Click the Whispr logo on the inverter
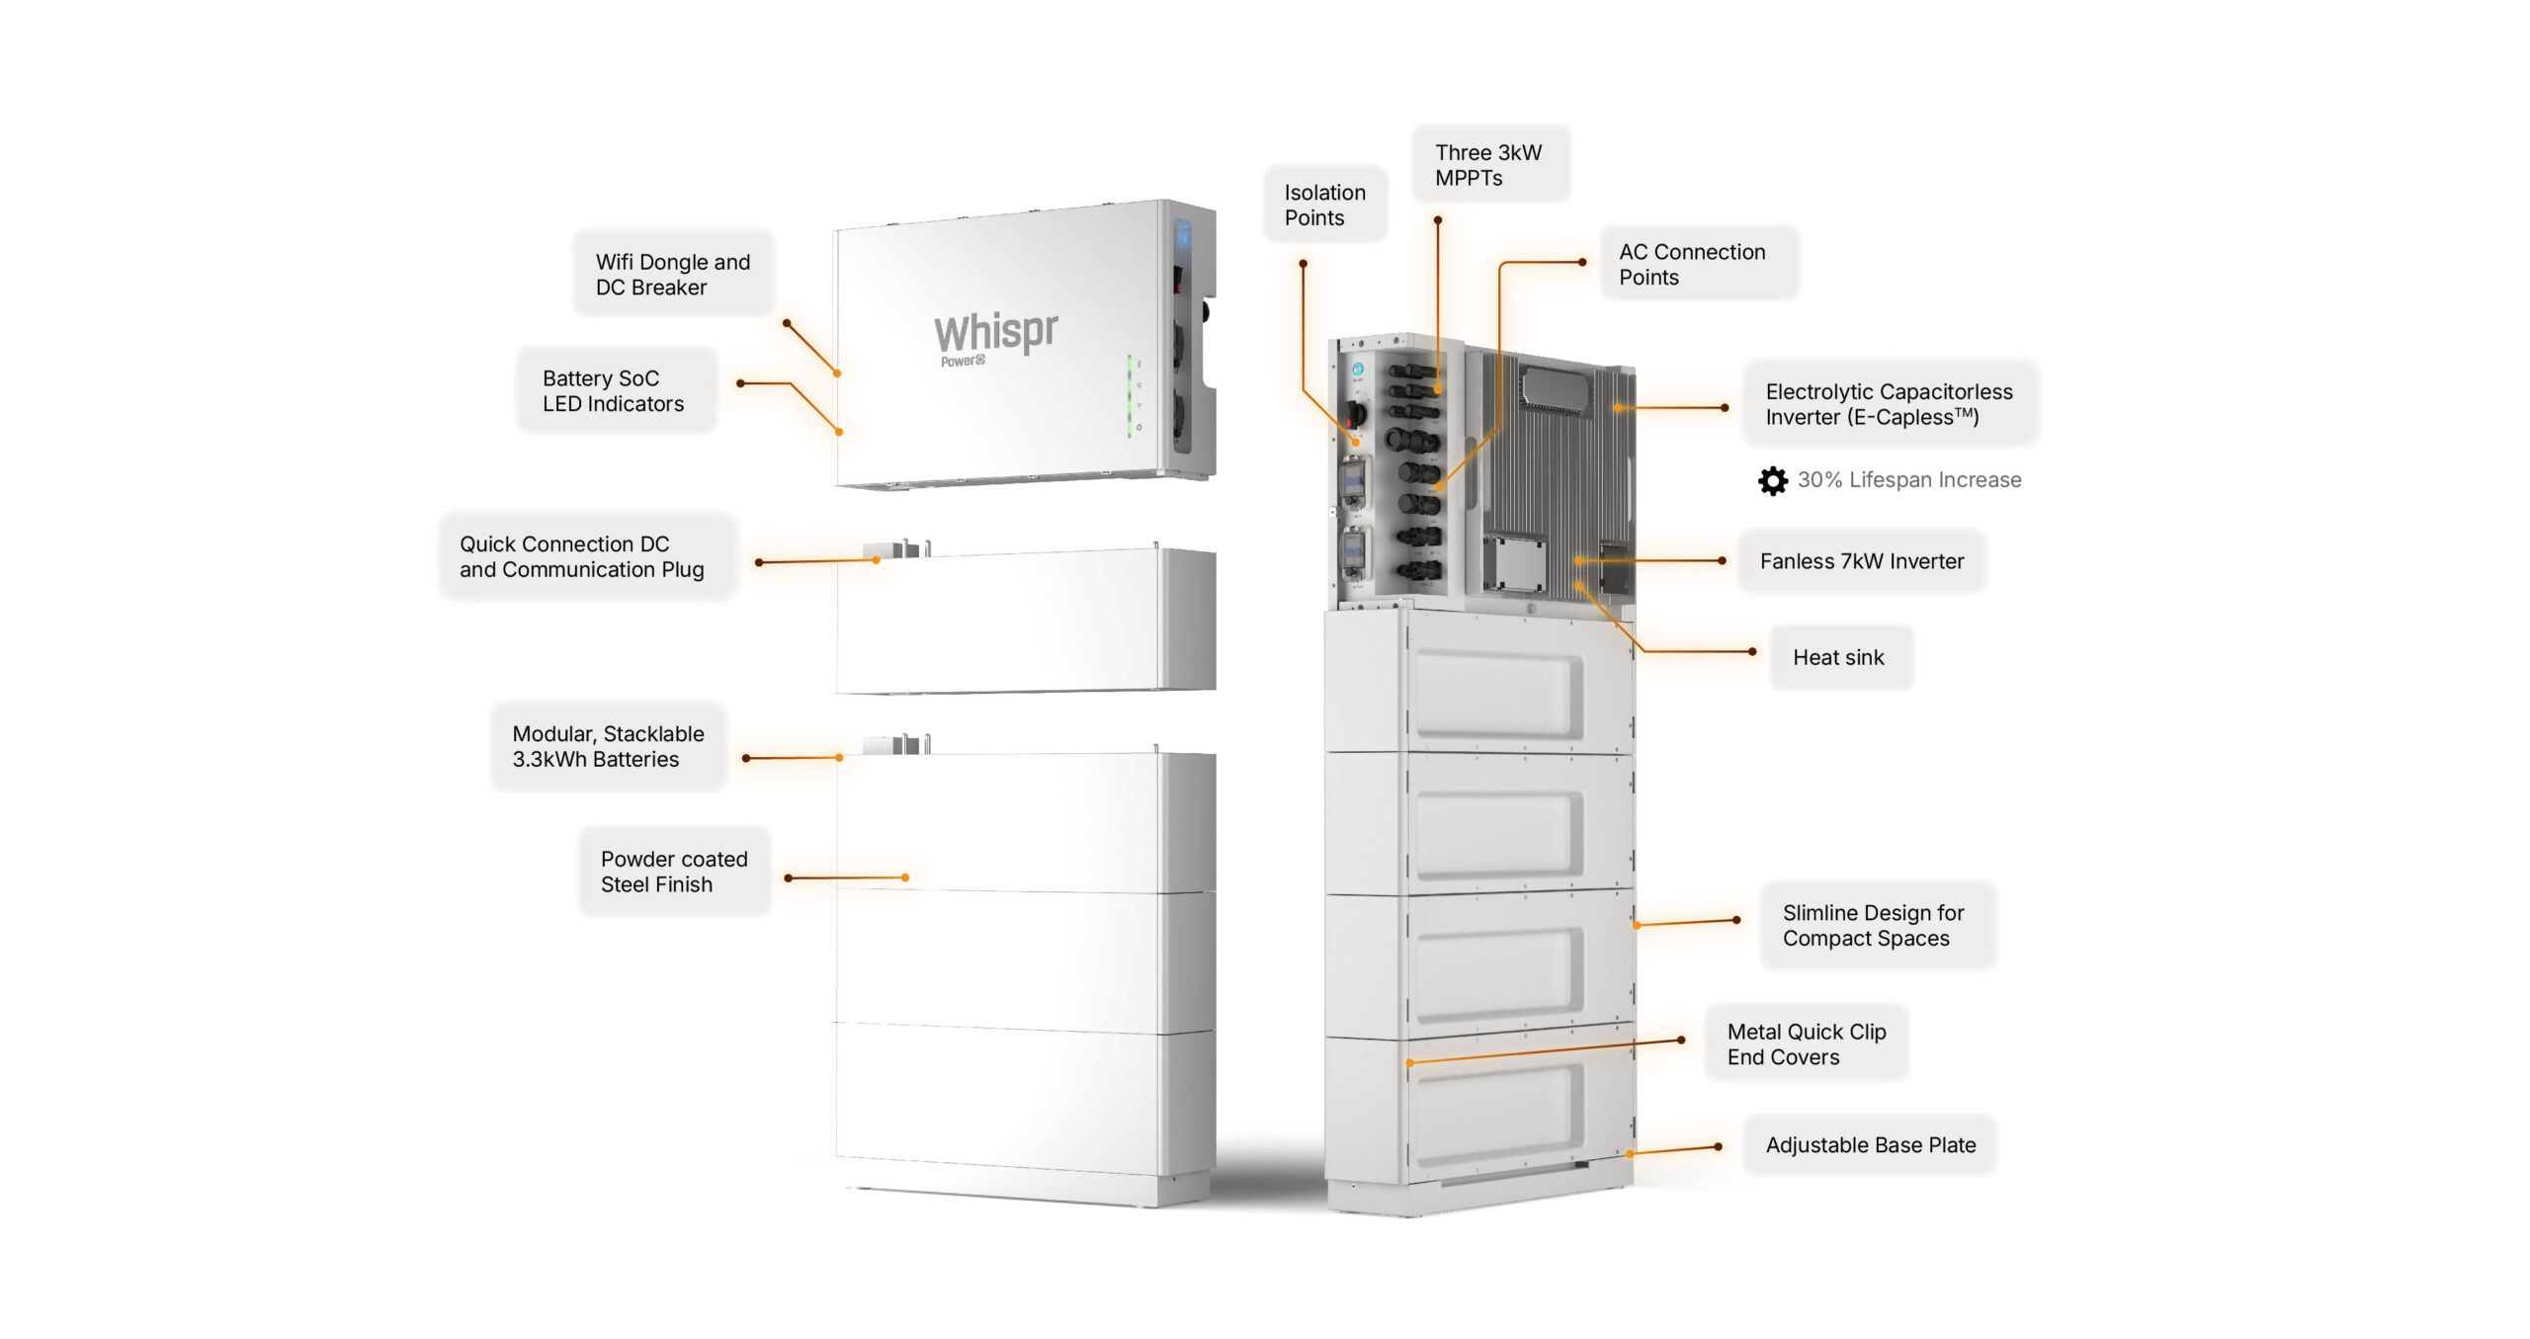[995, 332]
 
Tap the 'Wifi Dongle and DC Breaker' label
[672, 274]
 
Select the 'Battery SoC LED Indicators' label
[613, 390]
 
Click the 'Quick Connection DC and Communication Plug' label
[582, 556]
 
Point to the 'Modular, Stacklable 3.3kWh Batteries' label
[608, 746]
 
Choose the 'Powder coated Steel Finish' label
[674, 872]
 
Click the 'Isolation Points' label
[1324, 205]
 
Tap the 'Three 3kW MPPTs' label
[1488, 164]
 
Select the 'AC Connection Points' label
[1692, 264]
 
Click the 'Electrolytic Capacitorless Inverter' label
[1889, 403]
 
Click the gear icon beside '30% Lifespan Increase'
[1773, 480]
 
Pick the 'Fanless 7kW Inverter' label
[1861, 561]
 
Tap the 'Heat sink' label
[1838, 657]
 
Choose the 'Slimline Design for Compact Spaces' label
[1873, 925]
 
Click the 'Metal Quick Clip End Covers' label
[1806, 1044]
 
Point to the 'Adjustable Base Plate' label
[1870, 1144]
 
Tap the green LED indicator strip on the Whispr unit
[1130, 395]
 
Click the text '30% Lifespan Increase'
[1908, 480]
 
